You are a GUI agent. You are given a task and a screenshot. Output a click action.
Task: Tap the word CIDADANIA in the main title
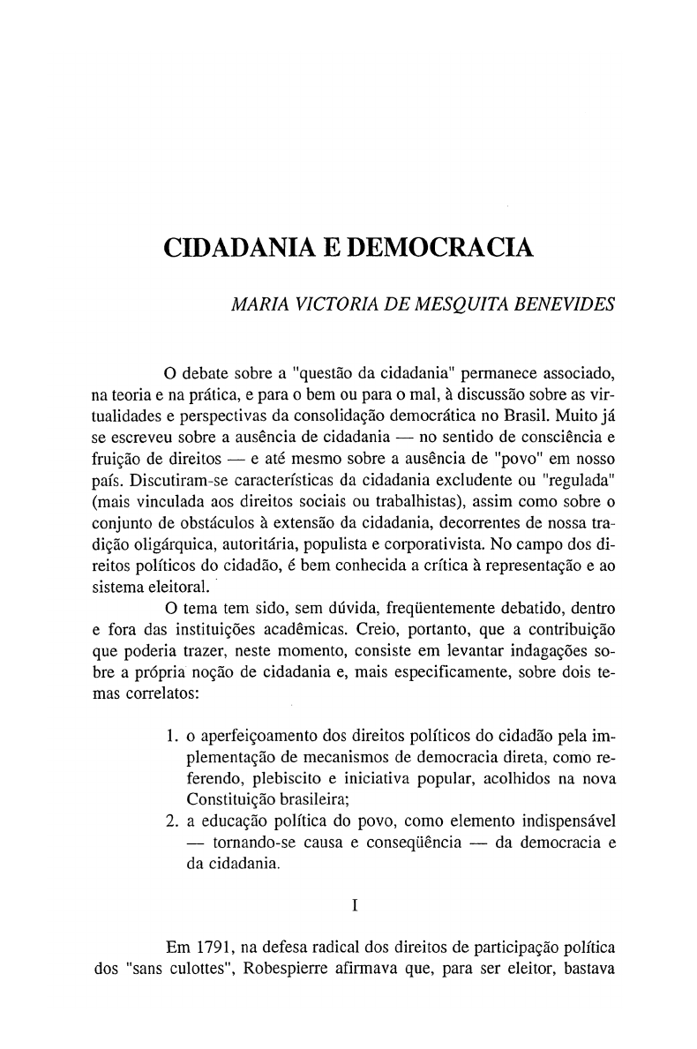pyautogui.click(x=240, y=251)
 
